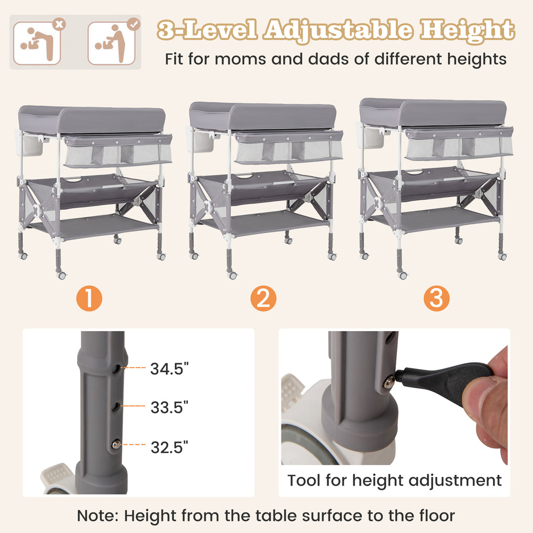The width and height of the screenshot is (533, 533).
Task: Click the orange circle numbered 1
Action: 90,299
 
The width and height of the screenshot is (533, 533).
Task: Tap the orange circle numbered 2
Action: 263,299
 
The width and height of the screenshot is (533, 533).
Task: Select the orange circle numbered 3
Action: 436,299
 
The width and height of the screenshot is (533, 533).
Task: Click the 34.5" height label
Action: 169,368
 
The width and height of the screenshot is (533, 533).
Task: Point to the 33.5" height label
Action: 169,407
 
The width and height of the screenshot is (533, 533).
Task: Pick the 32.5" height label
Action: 169,447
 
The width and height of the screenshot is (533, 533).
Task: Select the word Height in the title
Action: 467,30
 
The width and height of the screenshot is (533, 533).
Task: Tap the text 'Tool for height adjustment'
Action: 394,480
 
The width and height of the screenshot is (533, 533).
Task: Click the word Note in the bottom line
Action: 97,516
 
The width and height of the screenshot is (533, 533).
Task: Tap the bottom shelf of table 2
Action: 266,223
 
